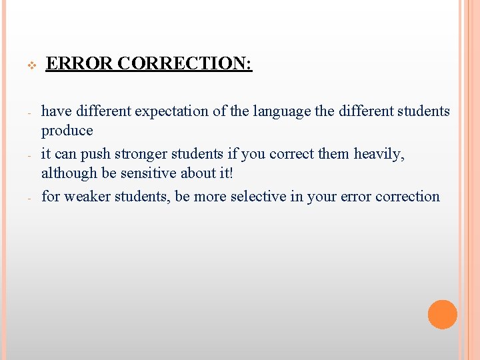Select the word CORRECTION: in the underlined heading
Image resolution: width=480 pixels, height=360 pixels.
click(x=185, y=64)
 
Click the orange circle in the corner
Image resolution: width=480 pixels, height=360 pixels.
click(x=442, y=314)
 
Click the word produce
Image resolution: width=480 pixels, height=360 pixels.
click(x=67, y=131)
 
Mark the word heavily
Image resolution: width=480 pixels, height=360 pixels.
click(x=380, y=154)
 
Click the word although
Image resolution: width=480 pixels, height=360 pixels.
click(x=66, y=174)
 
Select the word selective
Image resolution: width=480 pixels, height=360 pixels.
click(x=257, y=197)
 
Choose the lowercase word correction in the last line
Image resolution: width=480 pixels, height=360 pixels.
click(x=407, y=197)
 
